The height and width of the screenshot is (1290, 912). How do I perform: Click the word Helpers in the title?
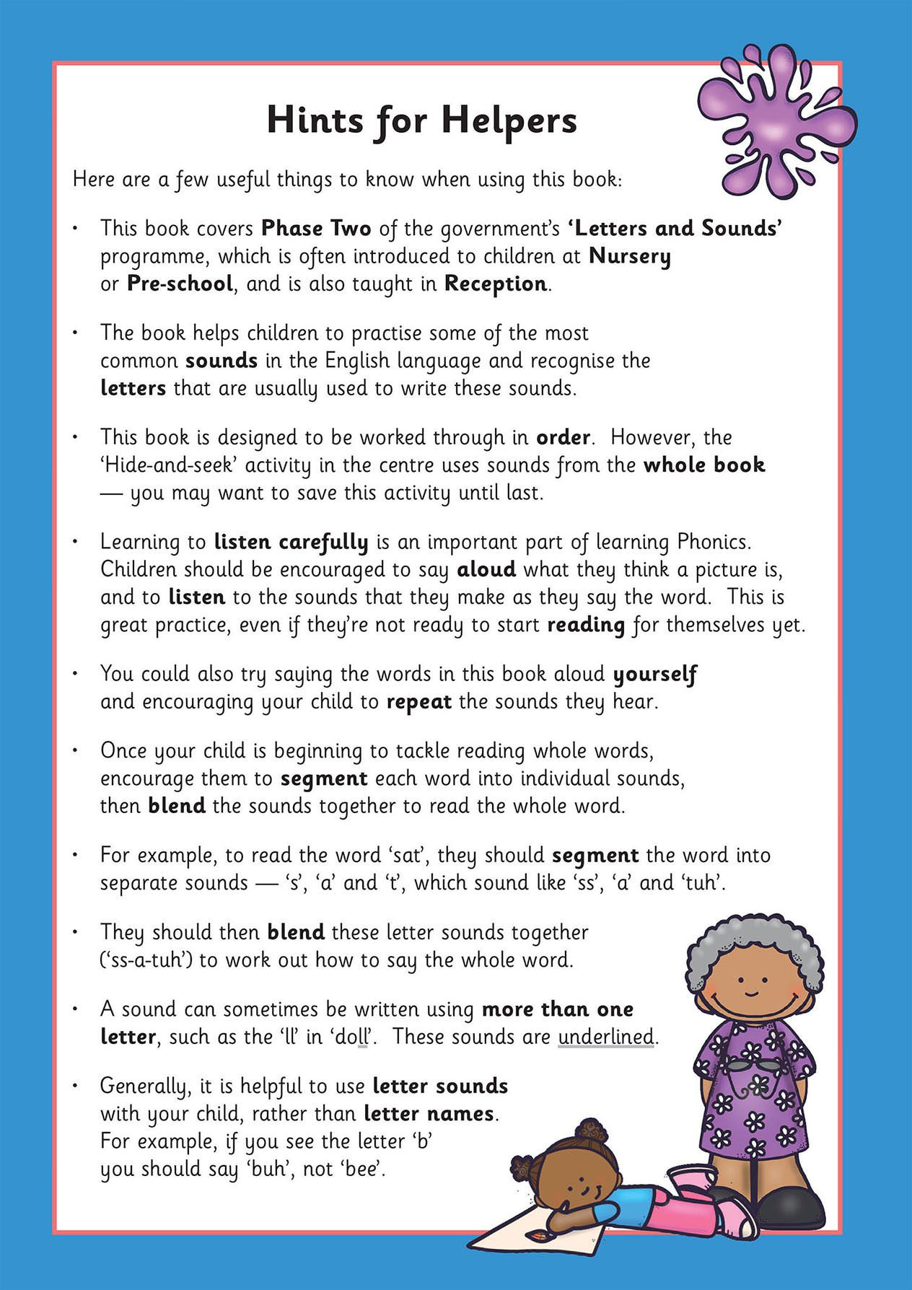(x=509, y=121)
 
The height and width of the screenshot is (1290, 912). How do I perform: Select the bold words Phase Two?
(x=316, y=229)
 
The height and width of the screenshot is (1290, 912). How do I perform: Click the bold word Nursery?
(x=630, y=257)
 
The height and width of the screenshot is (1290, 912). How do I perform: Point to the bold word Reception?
(x=496, y=284)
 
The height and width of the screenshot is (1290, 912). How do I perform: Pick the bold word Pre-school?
(x=180, y=284)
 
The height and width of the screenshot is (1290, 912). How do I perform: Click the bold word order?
(x=563, y=438)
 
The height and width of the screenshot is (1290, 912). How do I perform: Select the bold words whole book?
(x=704, y=465)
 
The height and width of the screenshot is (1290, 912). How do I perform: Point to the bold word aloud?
(x=486, y=570)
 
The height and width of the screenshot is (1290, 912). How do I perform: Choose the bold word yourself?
(x=654, y=675)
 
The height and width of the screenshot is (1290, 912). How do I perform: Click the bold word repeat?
(x=419, y=702)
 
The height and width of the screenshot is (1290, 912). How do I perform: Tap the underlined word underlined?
(x=606, y=1037)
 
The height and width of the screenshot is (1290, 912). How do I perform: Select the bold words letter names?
(x=429, y=1114)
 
